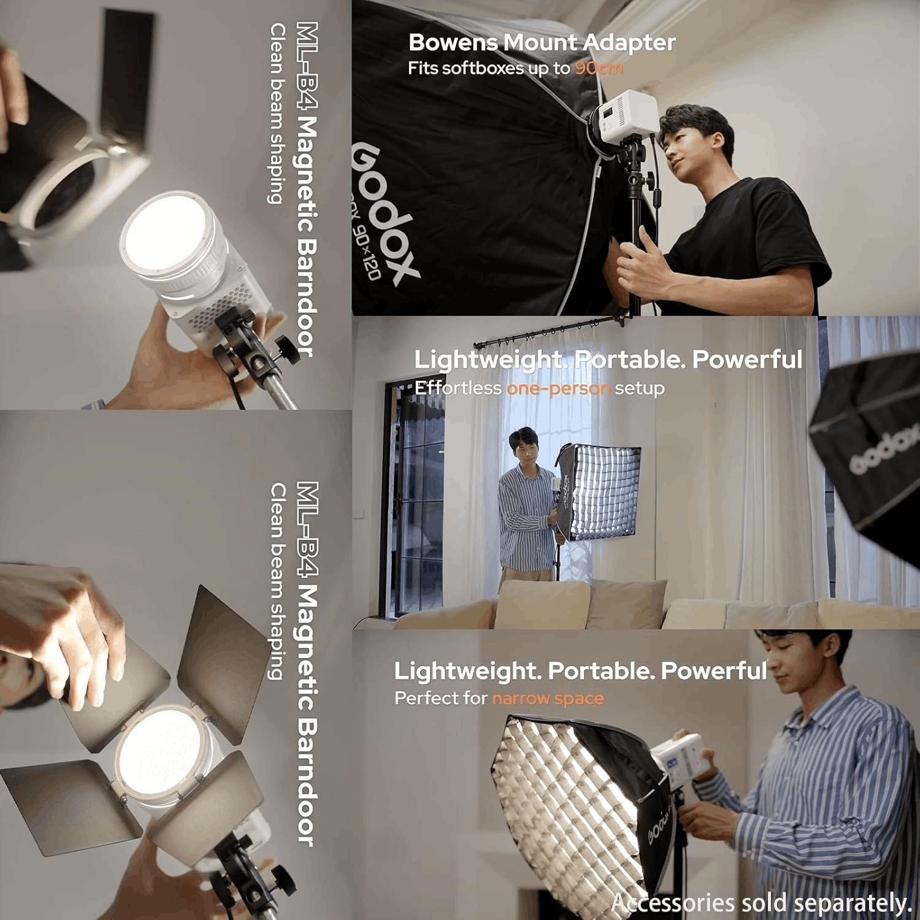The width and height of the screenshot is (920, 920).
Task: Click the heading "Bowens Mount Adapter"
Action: point(542,42)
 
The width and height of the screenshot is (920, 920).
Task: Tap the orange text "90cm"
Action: point(599,68)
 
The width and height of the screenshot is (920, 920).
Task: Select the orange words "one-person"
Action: point(558,388)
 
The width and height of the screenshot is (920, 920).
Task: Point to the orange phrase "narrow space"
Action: point(548,698)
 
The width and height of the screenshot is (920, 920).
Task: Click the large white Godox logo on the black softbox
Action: point(385,215)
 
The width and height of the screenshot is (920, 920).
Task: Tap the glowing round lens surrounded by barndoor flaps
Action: point(158,750)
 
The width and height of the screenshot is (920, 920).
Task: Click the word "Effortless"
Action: point(458,388)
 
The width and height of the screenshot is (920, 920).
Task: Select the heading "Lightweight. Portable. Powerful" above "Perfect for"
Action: point(580,670)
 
